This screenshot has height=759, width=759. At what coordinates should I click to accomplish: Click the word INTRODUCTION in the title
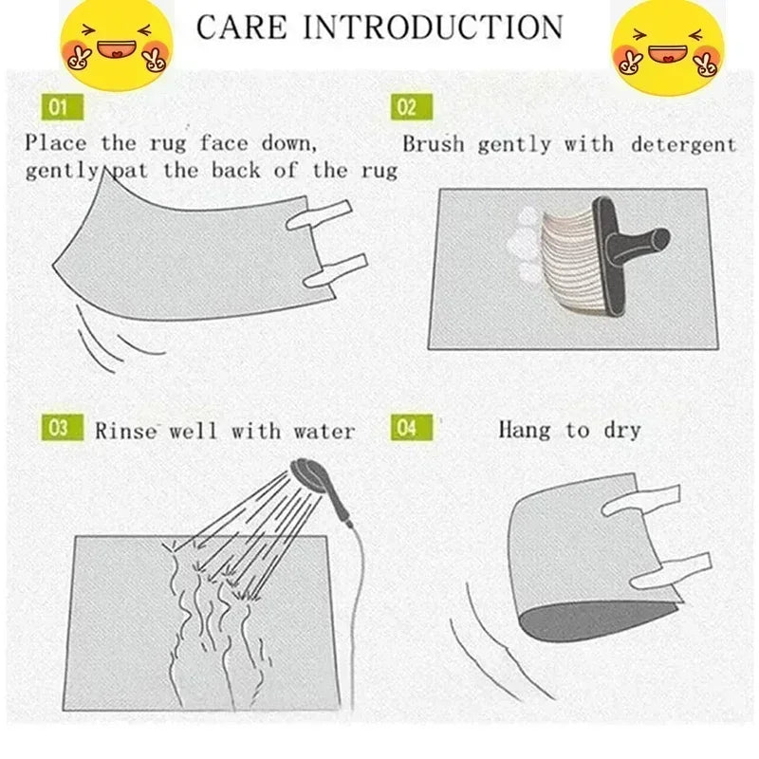435,27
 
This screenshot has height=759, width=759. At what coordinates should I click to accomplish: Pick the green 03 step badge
59,428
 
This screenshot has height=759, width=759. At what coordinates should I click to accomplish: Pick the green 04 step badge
405,428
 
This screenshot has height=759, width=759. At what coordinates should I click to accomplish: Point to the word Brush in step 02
434,145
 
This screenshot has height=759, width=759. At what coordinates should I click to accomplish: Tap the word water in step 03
324,431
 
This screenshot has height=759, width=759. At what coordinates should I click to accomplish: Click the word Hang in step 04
524,430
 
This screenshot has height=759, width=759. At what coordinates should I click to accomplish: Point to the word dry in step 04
621,430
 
